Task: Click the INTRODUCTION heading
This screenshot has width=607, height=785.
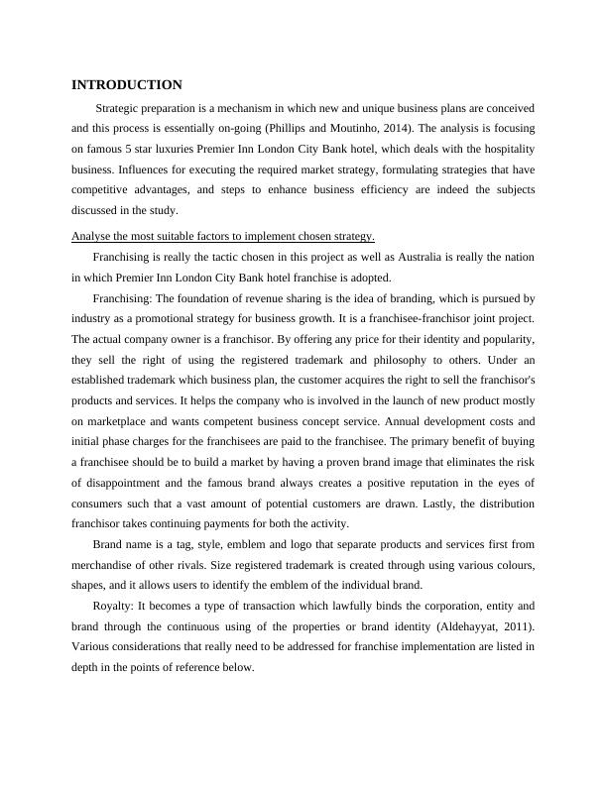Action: [x=127, y=85]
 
